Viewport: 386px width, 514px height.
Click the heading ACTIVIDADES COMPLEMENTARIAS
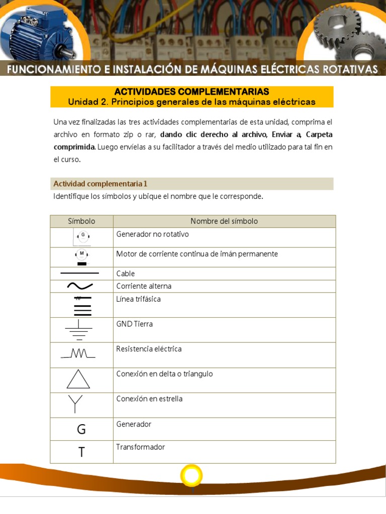click(x=191, y=91)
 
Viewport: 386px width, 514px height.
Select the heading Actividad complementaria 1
click(x=100, y=184)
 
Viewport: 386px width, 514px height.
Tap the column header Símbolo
click(x=81, y=221)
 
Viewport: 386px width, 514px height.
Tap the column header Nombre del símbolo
click(x=224, y=221)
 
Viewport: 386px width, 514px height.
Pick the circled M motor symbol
click(x=81, y=254)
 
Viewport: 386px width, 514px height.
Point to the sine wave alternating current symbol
click(x=79, y=286)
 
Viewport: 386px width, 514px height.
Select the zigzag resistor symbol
click(x=78, y=354)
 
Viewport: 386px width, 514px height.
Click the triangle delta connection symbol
click(x=78, y=379)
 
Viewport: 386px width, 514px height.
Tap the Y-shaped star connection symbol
click(x=75, y=403)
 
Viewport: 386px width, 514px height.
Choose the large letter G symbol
click(x=81, y=430)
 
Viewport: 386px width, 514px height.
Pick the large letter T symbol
click(x=81, y=452)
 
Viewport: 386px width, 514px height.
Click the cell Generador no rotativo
click(x=152, y=234)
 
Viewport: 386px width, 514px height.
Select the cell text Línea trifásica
click(x=138, y=299)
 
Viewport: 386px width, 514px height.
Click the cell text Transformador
click(x=140, y=447)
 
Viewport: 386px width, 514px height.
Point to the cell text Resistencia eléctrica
click(x=149, y=349)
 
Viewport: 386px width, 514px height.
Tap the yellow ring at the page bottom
click(x=191, y=475)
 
